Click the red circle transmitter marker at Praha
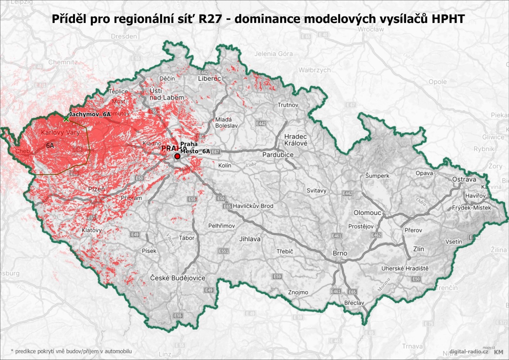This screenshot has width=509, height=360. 177,156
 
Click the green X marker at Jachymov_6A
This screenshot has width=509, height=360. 66,119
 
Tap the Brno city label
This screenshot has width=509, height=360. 340,253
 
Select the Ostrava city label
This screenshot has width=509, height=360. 464,179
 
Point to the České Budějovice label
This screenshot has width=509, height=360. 178,278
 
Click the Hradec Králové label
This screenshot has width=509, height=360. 296,140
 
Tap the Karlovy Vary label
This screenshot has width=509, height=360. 60,132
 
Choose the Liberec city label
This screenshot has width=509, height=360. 209,78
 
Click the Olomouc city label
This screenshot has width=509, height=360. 367,212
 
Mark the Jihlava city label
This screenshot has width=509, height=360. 250,239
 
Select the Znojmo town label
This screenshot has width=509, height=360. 298,292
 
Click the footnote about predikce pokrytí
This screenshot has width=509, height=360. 71,351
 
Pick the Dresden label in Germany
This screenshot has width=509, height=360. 124,36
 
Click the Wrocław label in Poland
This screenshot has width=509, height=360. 371,29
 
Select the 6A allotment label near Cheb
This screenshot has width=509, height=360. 50,146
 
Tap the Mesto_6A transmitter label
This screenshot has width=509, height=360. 195,151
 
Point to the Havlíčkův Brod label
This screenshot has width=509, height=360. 253,206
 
